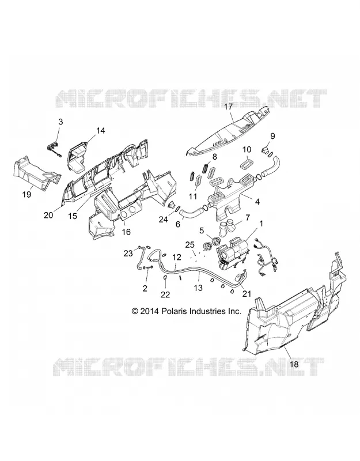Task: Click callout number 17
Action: tap(228, 107)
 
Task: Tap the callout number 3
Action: tap(60, 122)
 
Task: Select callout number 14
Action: tap(100, 130)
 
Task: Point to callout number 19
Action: tap(26, 194)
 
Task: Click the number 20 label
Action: tap(49, 215)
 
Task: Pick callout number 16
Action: tap(126, 232)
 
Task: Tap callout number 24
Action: tap(164, 219)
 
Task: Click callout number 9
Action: tap(272, 136)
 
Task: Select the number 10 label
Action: tap(247, 149)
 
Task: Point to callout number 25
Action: tap(190, 244)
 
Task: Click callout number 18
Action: tap(294, 364)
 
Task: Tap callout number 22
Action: tap(165, 294)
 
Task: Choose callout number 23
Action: tap(128, 253)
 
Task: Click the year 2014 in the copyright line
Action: tap(150, 311)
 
